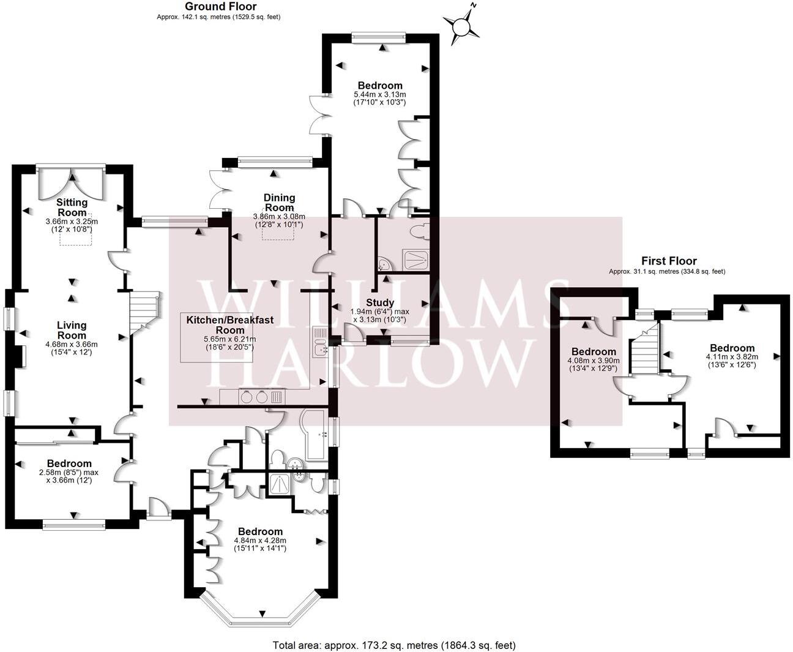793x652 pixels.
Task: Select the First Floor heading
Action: pyautogui.click(x=668, y=261)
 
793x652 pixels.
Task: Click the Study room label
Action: pyautogui.click(x=380, y=302)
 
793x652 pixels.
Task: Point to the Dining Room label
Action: pyautogui.click(x=279, y=202)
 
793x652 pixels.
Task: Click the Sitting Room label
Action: pyautogui.click(x=72, y=207)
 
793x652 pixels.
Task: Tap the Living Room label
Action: pyautogui.click(x=72, y=330)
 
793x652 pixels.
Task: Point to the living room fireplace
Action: pyautogui.click(x=20, y=357)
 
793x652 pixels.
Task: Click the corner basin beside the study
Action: pyautogui.click(x=384, y=264)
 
